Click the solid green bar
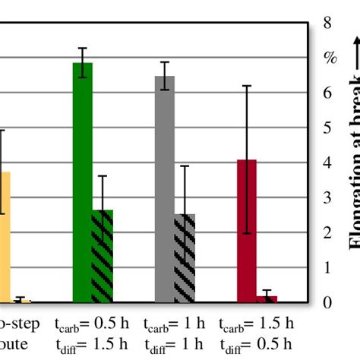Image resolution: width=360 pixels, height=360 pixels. [x=82, y=182]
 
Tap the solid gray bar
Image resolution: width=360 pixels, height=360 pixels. [x=165, y=189]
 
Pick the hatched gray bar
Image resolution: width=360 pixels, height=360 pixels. [x=185, y=258]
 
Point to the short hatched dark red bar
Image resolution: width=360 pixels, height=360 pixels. [x=267, y=299]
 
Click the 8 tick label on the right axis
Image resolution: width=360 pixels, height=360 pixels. [x=328, y=24]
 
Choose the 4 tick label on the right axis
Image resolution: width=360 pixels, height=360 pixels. [x=328, y=163]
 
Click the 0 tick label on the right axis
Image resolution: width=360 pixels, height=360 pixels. [x=328, y=303]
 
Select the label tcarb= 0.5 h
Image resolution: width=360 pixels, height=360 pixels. [x=92, y=324]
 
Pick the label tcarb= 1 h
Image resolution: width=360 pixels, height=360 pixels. [x=174, y=324]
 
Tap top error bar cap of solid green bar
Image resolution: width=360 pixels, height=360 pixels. [x=82, y=48]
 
